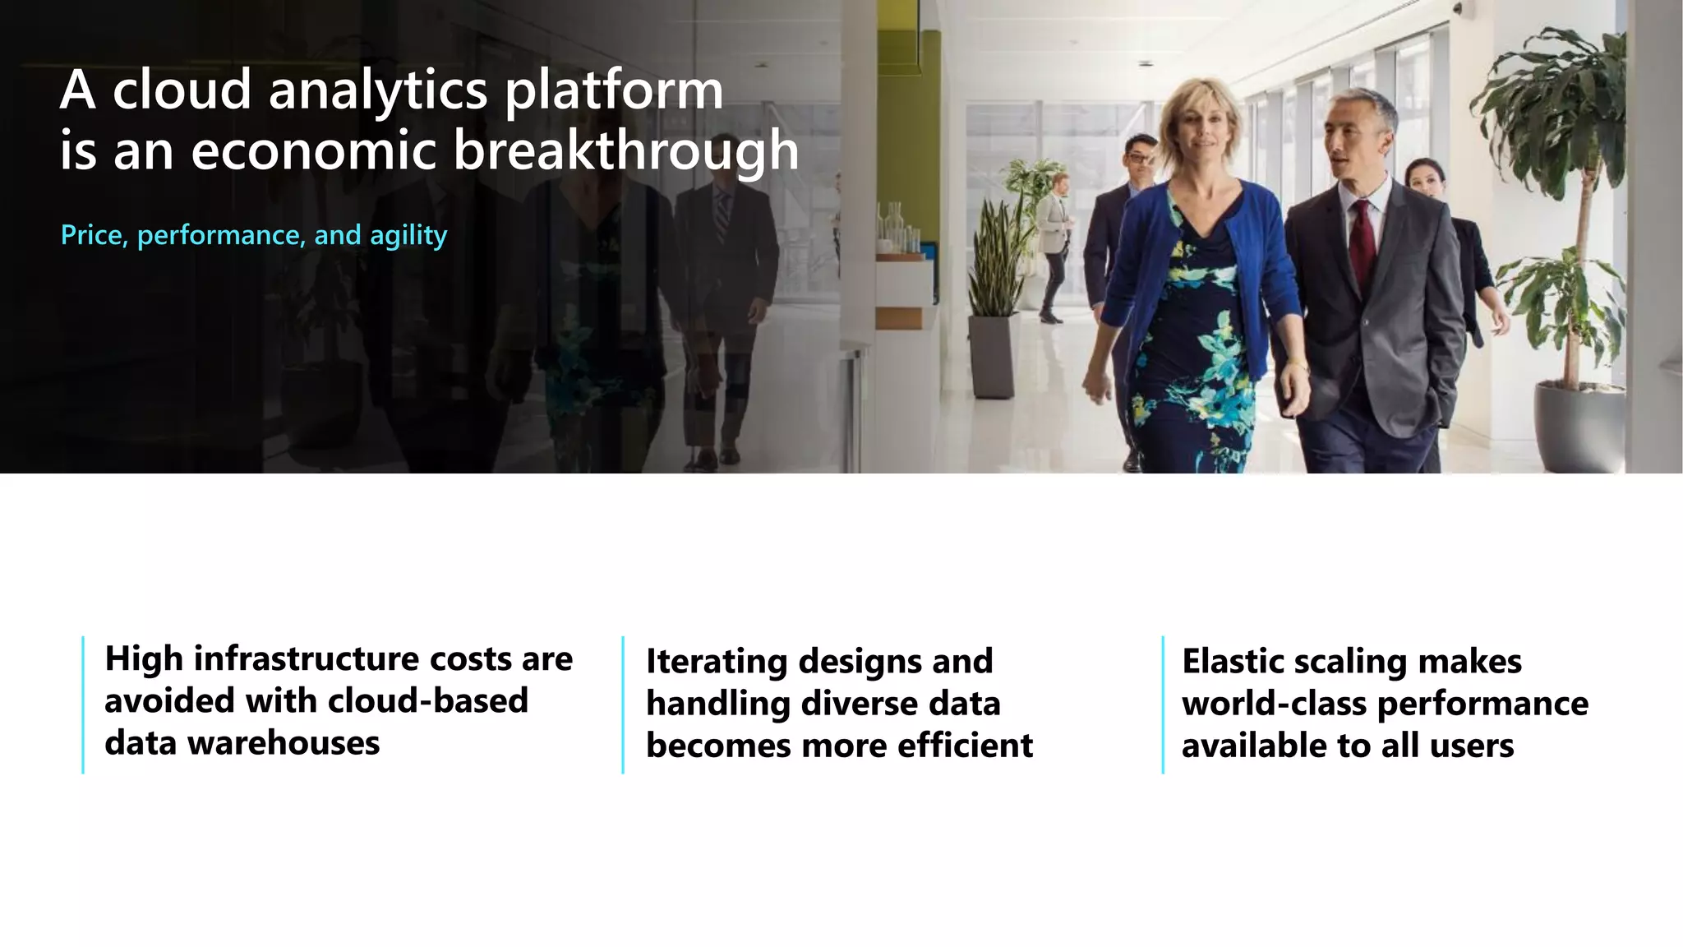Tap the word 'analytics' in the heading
coord(378,90)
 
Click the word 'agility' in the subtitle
coord(408,237)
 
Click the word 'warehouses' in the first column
coord(283,743)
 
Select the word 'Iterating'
coord(716,661)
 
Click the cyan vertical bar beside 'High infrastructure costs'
coord(83,704)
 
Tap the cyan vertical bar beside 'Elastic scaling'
coord(1163,704)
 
